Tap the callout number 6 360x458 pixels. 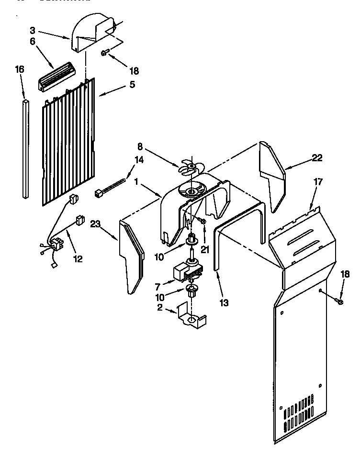tap(33, 42)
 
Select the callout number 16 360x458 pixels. tap(19, 69)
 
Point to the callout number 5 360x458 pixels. tap(132, 84)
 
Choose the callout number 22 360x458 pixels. tap(317, 158)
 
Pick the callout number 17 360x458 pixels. tap(318, 182)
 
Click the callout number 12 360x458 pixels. tap(78, 259)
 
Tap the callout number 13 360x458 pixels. tap(224, 302)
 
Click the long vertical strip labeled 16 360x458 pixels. tap(25, 148)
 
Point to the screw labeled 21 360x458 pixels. tap(202, 221)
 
